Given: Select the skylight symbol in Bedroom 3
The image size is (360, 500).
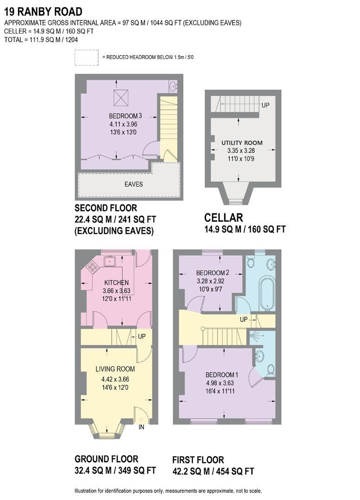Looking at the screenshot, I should tap(123, 98).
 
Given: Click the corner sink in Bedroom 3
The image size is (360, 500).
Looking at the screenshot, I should tap(173, 86).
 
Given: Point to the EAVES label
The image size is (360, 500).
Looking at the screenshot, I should tap(133, 184).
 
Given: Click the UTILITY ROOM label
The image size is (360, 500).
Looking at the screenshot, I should tap(239, 143).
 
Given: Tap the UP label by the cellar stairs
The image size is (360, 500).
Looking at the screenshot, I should tap(265, 105).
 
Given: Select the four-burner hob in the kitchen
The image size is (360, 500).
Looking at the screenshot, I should tap(92, 268).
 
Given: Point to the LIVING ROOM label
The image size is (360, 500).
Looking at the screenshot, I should tap(115, 369).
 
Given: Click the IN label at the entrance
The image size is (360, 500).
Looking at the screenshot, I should tap(142, 427).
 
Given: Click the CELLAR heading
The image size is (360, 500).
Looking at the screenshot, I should tap(224, 218).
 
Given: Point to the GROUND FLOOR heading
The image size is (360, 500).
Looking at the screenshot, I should tap(106, 459).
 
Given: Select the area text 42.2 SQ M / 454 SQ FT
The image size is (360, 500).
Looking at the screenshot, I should tap(213, 471).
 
